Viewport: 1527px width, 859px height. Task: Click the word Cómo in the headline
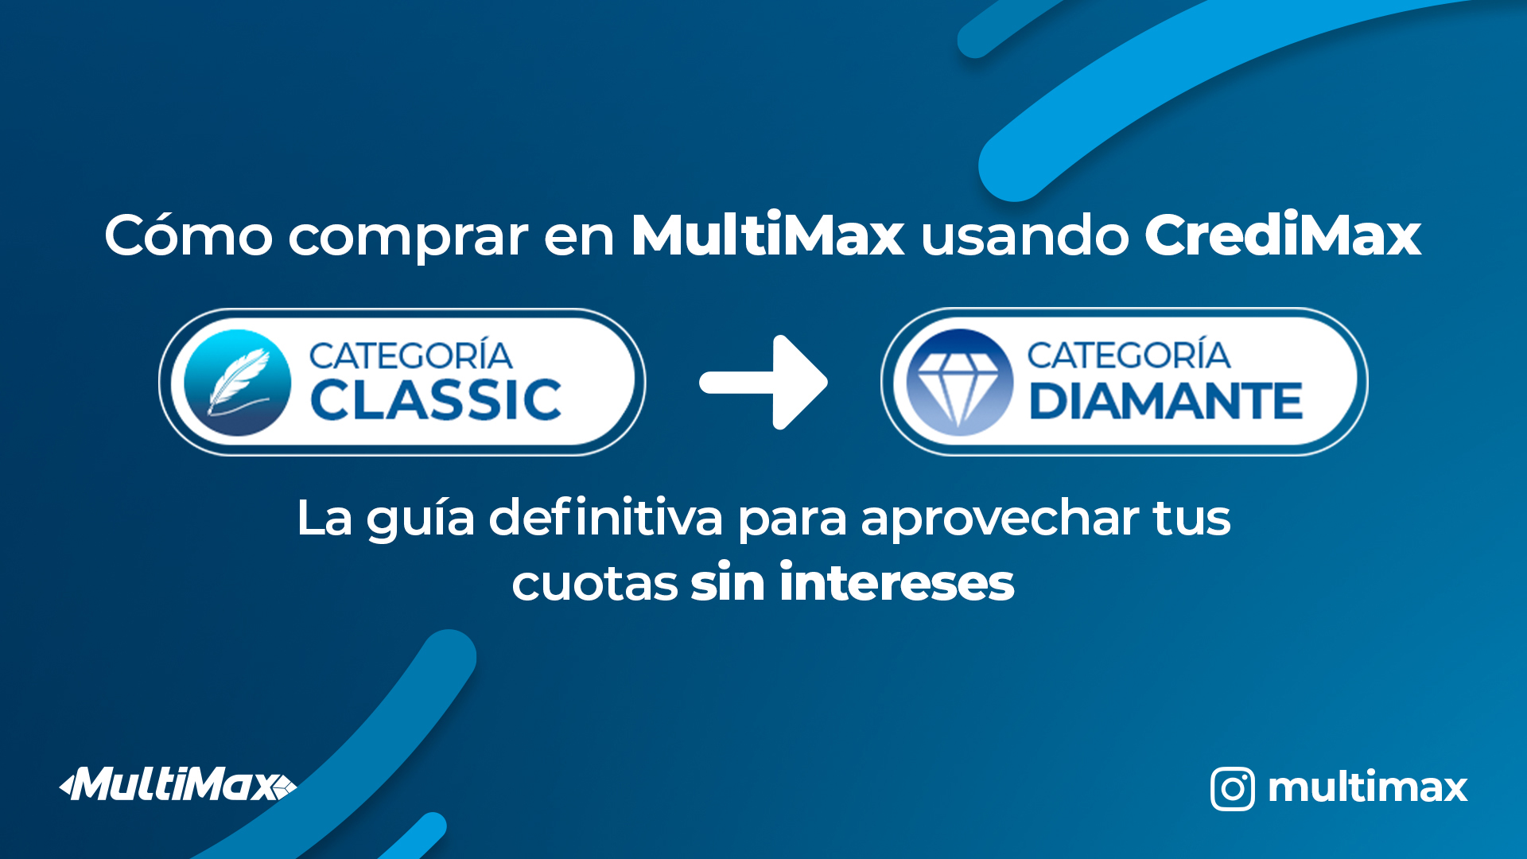tap(188, 235)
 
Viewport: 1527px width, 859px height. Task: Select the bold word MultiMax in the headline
tap(767, 235)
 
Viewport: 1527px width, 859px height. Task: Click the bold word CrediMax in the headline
tap(1282, 235)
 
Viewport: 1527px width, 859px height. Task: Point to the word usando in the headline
tap(1024, 235)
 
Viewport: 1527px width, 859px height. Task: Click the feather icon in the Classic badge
tap(237, 383)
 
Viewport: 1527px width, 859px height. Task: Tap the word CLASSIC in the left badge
tap(436, 400)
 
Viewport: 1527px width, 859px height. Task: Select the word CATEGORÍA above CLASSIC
tap(410, 356)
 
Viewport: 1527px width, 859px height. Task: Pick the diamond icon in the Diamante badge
tap(960, 383)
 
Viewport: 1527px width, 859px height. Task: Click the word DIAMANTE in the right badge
tap(1165, 401)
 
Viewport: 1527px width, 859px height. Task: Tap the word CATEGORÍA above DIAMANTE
tap(1129, 355)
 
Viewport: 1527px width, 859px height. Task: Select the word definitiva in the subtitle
tap(605, 518)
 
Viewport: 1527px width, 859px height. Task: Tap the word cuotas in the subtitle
tap(594, 584)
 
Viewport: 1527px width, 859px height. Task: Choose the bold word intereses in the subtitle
tap(896, 582)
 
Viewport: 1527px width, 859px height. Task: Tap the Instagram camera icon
tap(1232, 788)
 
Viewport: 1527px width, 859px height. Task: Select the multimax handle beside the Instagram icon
tap(1367, 787)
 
